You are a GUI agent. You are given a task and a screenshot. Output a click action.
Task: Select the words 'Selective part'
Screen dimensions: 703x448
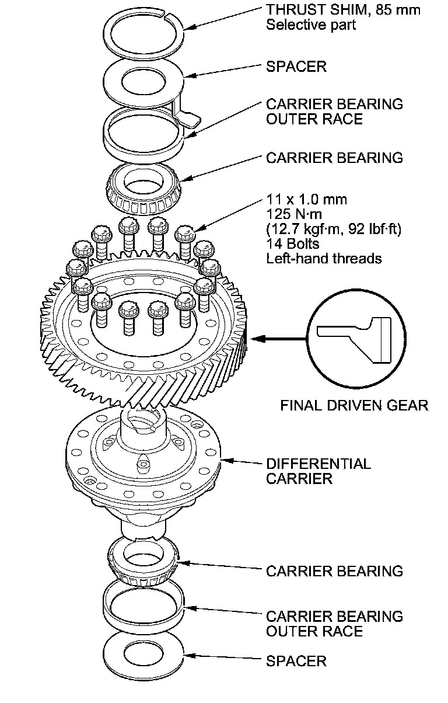coord(310,25)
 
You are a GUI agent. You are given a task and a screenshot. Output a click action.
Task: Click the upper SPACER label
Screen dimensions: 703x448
coord(296,67)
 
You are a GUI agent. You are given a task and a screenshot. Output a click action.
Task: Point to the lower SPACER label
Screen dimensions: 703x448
coord(296,661)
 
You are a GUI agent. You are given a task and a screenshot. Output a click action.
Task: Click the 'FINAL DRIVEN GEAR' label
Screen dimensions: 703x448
coord(355,405)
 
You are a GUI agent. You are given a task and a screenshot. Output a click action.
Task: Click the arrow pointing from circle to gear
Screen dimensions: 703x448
coord(280,337)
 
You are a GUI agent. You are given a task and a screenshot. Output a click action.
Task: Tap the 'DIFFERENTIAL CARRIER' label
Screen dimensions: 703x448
coord(318,471)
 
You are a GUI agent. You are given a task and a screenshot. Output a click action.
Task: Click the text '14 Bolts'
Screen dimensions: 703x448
coord(293,243)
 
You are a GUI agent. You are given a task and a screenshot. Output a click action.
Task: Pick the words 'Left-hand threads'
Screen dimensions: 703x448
coord(324,258)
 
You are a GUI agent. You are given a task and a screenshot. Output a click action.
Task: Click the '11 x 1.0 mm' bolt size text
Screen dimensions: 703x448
coord(306,200)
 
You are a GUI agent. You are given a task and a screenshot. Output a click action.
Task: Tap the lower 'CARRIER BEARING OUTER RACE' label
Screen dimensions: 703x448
coord(334,624)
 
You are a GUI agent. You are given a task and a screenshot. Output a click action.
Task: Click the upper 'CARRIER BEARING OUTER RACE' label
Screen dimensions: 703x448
coord(334,112)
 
